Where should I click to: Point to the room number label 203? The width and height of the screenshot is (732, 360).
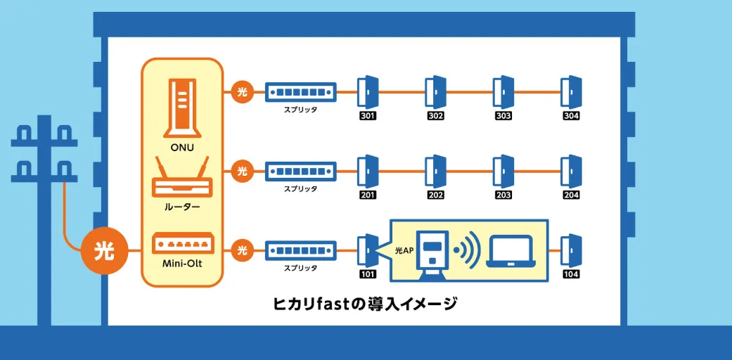[x=503, y=195]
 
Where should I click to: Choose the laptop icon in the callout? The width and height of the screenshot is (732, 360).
[x=513, y=250]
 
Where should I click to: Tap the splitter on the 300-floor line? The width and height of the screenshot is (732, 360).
[x=300, y=91]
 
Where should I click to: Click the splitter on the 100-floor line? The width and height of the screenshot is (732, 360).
[x=300, y=250]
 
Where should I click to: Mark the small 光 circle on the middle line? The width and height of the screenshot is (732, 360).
[x=242, y=171]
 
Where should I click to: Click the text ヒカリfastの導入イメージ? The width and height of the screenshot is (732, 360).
[x=365, y=304]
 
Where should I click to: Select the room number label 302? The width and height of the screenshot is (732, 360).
[x=435, y=116]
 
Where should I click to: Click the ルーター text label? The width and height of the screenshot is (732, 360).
[x=181, y=207]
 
